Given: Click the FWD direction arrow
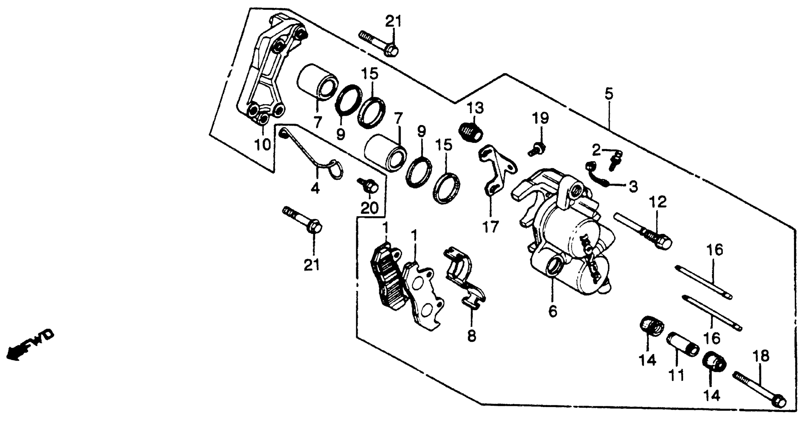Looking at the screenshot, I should pos(30,346).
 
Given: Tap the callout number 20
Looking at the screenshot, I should pos(369,208).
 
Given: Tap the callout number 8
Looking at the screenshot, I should pos(472,336).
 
